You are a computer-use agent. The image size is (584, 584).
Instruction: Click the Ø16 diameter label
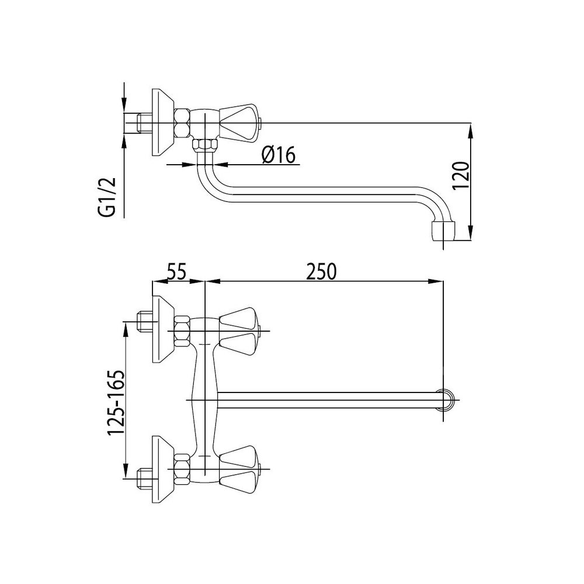(278, 155)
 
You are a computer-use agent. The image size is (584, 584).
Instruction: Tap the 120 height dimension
(461, 175)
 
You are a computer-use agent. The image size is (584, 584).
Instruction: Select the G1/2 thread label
(107, 197)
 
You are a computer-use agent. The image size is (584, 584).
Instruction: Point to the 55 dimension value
(177, 272)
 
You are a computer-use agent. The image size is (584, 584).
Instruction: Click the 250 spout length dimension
(321, 272)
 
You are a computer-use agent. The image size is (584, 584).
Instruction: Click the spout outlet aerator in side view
(443, 231)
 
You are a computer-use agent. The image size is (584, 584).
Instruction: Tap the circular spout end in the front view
(446, 401)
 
